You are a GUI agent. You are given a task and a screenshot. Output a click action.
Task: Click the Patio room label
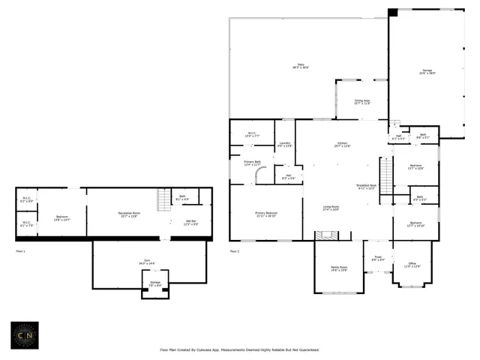point(301,66)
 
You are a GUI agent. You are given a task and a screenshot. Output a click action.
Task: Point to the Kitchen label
point(342,145)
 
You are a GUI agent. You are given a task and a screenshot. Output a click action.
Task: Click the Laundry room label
point(284,144)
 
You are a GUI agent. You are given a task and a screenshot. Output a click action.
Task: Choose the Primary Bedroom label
point(265,214)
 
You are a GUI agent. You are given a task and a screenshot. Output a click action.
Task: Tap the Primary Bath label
point(252,163)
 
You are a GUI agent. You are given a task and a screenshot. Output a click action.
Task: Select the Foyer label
point(379,259)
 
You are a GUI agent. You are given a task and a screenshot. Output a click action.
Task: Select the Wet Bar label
point(190,222)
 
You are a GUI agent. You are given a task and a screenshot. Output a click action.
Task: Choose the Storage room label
point(155,284)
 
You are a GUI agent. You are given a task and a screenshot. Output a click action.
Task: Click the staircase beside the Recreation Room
point(163,200)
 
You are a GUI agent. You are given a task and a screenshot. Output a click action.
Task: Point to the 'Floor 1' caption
point(21,250)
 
